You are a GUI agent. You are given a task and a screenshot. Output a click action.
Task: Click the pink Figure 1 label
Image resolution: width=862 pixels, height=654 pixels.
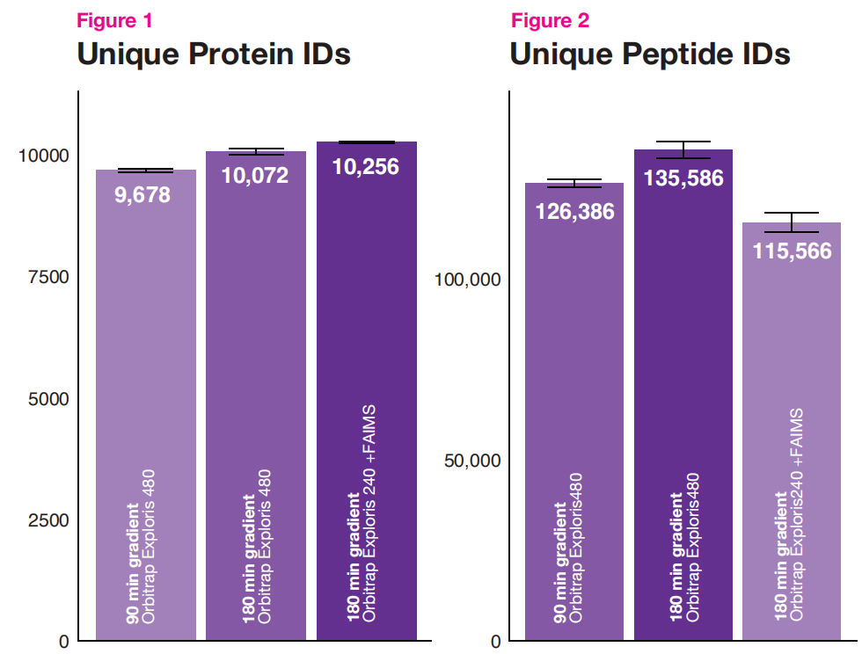pyautogui.click(x=114, y=21)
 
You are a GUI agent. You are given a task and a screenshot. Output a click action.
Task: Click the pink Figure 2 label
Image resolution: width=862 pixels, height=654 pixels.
pyautogui.click(x=550, y=21)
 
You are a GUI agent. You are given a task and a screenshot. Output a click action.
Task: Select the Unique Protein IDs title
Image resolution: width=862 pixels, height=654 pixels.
pyautogui.click(x=214, y=54)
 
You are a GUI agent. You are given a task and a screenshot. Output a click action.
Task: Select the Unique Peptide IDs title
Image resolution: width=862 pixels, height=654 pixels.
pyautogui.click(x=650, y=54)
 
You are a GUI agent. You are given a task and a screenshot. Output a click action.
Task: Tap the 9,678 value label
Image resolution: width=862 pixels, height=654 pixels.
pyautogui.click(x=142, y=195)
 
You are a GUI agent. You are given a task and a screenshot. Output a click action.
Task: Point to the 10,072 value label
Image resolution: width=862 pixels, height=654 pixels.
pyautogui.click(x=255, y=176)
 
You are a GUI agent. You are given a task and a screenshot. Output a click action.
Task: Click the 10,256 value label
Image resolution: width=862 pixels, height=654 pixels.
pyautogui.click(x=366, y=167)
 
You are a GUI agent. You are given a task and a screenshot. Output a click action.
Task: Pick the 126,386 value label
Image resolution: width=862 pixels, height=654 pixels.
pyautogui.click(x=575, y=212)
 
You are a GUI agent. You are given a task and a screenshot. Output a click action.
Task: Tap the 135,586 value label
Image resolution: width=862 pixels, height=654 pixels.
pyautogui.click(x=683, y=178)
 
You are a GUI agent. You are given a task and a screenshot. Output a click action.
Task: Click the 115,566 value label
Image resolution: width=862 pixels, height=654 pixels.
pyautogui.click(x=793, y=251)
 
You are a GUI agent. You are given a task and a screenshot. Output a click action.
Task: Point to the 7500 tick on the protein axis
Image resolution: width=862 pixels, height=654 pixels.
pyautogui.click(x=49, y=277)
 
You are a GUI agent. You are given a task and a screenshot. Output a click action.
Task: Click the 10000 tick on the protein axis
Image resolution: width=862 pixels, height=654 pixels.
pyautogui.click(x=44, y=156)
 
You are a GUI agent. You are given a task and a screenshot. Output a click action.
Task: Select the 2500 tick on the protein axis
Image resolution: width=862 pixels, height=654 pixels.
pyautogui.click(x=49, y=520)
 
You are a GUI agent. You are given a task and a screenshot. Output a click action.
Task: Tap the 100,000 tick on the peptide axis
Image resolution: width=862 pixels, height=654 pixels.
pyautogui.click(x=468, y=280)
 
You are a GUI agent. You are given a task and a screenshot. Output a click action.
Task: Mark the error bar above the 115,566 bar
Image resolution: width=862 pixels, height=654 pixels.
pyautogui.click(x=792, y=222)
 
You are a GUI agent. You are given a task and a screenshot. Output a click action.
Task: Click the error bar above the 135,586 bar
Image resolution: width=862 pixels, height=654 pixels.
pyautogui.click(x=683, y=150)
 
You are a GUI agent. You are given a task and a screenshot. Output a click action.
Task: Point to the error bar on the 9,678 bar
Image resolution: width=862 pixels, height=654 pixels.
pyautogui.click(x=146, y=171)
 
